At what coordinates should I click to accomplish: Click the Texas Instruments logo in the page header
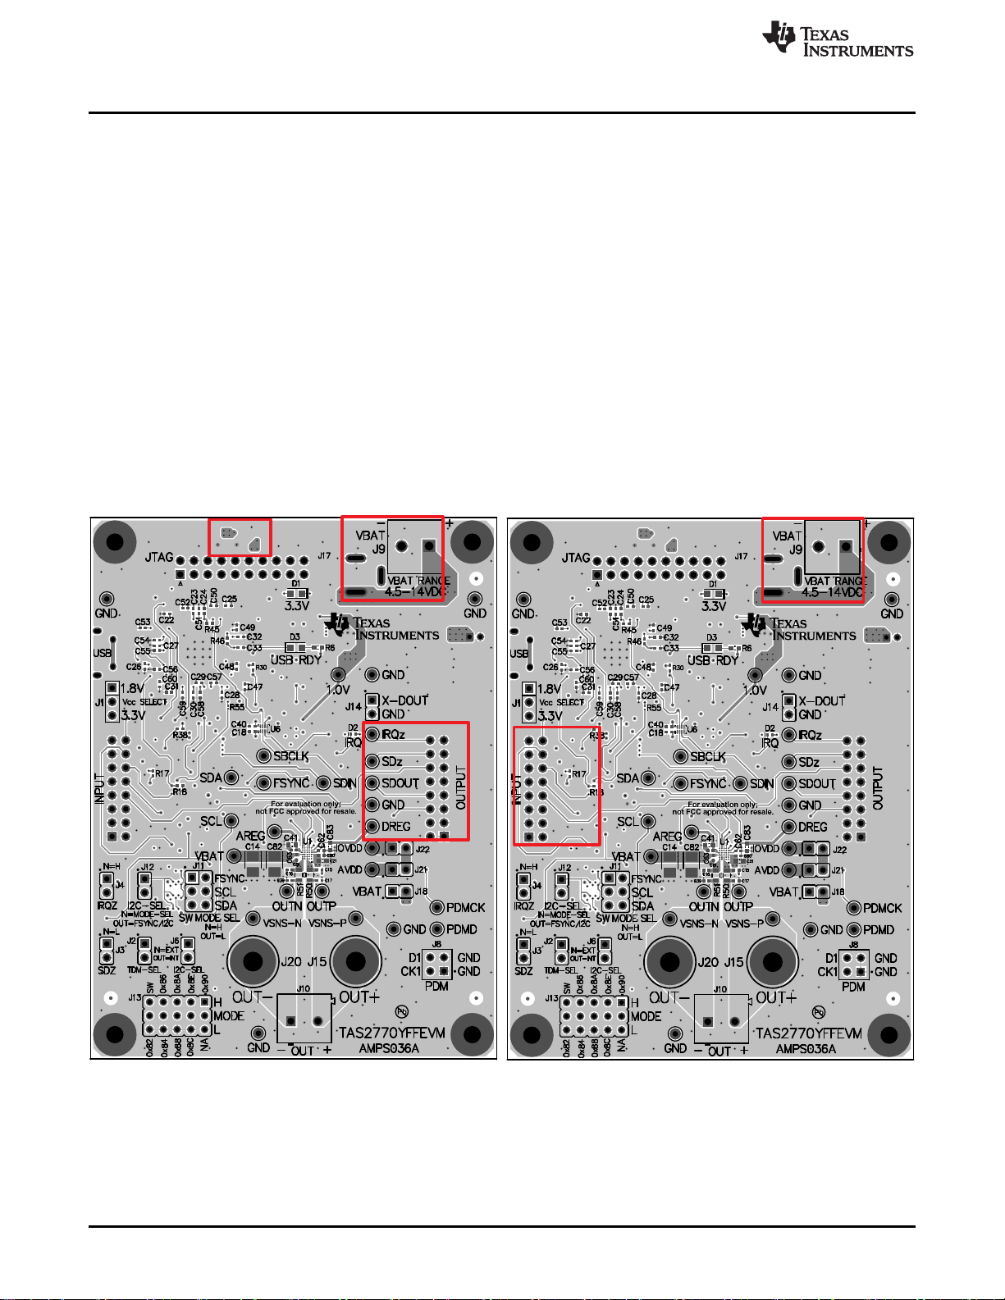837,39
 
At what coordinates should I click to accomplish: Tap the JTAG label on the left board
159,558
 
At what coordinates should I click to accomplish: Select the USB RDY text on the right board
710,660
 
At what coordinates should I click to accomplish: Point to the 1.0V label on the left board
338,690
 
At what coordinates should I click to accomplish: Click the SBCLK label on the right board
708,756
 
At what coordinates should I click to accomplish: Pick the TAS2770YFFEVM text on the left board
392,1033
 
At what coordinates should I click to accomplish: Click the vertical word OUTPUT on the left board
461,788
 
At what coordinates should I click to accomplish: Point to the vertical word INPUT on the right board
518,788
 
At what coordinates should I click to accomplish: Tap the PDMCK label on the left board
466,907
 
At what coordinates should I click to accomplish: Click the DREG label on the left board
396,826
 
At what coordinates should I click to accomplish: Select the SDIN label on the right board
761,784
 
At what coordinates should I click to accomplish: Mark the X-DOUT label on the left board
405,700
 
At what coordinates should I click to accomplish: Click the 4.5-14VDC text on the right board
833,592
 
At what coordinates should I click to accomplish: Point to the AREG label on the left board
251,836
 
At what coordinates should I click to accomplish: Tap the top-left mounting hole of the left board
114,542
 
